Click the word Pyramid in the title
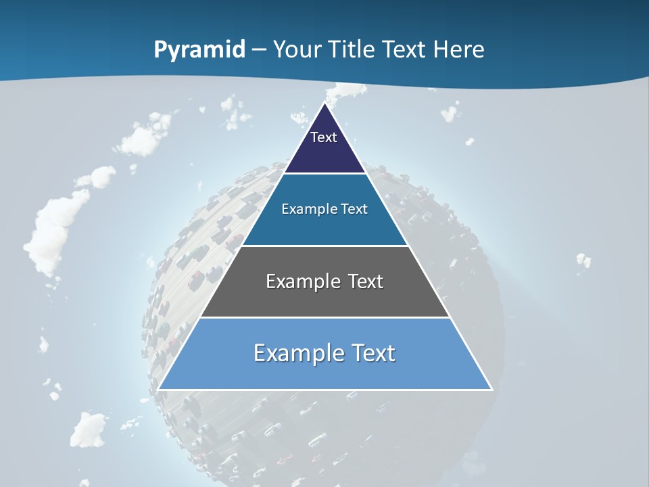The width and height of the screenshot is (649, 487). (x=199, y=50)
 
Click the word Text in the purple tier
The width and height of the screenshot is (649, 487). (x=324, y=137)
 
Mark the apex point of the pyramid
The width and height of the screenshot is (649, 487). (x=324, y=103)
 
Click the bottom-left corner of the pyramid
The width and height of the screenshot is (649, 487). (x=158, y=390)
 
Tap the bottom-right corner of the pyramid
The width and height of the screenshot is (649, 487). (x=491, y=390)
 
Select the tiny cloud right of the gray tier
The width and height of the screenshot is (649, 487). (x=583, y=260)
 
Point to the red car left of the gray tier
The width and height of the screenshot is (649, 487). (x=195, y=279)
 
